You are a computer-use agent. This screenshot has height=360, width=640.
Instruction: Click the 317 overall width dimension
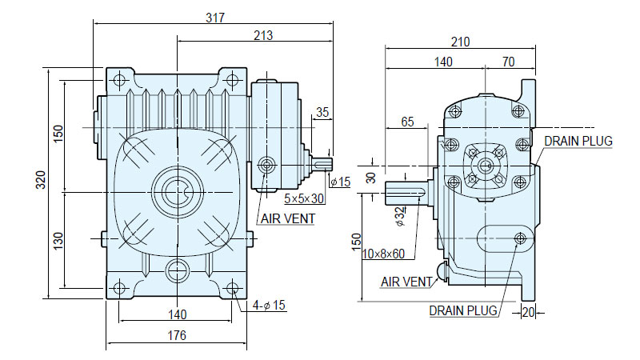coord(215,18)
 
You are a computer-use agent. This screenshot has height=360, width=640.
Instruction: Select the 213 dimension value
coord(263,35)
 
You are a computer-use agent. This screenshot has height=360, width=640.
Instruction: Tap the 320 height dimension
coord(41,180)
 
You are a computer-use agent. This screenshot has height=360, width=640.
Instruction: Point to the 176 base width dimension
coord(177,335)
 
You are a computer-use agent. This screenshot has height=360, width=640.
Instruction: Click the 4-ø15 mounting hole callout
coord(269,305)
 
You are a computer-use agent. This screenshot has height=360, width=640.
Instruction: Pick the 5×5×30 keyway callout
coord(304,198)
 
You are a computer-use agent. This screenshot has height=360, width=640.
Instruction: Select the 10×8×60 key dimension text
coord(384,254)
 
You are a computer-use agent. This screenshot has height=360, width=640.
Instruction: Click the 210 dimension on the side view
coord(461,42)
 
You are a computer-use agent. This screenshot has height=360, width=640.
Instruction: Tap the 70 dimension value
coord(509,62)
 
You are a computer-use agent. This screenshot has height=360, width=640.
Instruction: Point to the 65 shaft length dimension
coord(407,122)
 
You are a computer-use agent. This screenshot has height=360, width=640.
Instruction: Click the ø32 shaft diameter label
coord(401,216)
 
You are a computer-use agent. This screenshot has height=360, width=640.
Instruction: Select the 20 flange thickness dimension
coord(528,313)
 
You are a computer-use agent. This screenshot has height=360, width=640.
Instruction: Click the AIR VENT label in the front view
coord(288,218)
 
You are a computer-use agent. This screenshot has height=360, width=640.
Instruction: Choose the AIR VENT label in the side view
coord(406,282)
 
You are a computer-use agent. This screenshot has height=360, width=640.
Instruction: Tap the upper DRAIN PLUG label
coord(578,142)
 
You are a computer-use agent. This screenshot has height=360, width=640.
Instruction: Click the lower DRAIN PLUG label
coord(463,310)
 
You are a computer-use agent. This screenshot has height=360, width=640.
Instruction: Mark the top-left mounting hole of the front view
coord(119,79)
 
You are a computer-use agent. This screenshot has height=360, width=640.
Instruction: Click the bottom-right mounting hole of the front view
coord(233,288)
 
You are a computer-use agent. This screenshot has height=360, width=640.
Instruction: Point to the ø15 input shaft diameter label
coord(341,182)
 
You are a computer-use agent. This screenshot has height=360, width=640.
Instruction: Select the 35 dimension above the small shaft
coord(322,112)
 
